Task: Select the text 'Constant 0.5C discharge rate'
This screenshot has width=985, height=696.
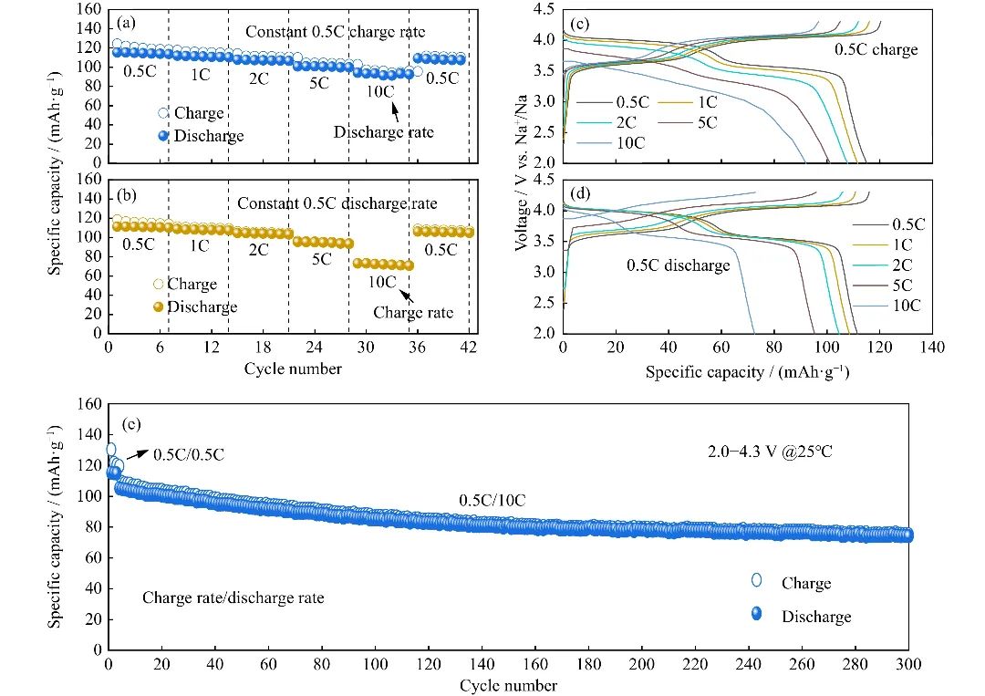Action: coord(337,203)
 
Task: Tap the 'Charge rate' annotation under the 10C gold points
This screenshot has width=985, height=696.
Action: coord(413,313)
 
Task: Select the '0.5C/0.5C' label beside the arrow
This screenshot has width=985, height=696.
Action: coord(189,454)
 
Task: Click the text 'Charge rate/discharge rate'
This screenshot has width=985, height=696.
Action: coord(233,598)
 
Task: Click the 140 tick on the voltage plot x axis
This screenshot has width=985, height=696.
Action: coord(932,348)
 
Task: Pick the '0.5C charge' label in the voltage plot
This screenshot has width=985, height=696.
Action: coord(876,49)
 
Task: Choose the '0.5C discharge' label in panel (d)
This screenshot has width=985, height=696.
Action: coord(678,265)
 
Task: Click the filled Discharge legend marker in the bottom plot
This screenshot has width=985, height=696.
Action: coord(756,616)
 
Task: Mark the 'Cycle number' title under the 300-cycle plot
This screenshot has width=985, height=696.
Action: coord(508,684)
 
